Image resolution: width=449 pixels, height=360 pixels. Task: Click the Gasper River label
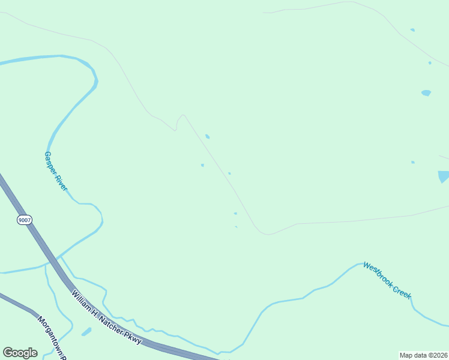coord(55,171)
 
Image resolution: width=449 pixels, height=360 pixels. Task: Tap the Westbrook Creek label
coord(387,280)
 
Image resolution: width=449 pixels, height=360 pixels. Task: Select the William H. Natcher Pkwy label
coord(107,317)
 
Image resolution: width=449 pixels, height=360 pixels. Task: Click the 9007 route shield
coord(24,220)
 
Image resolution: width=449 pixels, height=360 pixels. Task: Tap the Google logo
coord(20,353)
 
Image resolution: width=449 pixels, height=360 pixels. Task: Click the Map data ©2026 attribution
coord(424,355)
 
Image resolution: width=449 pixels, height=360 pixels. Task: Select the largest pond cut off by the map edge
coord(444,176)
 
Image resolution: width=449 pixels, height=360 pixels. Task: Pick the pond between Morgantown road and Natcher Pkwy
coord(86,331)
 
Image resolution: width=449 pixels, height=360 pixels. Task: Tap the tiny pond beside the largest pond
coord(413,162)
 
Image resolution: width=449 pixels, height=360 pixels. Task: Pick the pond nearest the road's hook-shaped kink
coord(207,137)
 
